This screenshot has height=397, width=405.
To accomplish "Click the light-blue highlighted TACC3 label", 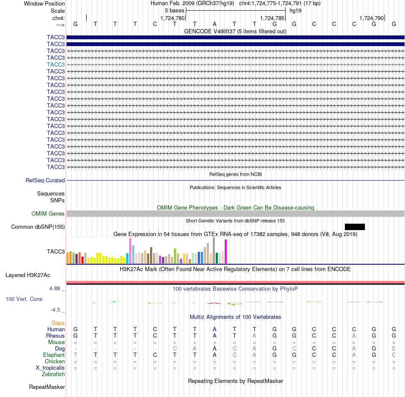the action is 56,64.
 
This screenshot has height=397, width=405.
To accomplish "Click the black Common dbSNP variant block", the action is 355,227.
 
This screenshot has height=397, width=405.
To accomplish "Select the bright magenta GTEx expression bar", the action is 226,251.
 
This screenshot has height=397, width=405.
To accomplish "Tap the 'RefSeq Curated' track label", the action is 45,180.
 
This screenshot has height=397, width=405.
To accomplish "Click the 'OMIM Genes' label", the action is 48,213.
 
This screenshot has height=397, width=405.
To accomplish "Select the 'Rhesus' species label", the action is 55,336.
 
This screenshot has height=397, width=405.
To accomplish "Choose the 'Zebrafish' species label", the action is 53,374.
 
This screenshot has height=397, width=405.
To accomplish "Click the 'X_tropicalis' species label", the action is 50,368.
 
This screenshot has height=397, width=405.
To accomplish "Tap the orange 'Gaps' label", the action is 58,323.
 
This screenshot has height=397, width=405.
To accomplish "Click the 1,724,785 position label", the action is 272,18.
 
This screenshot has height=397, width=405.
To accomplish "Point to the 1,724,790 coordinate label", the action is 372,18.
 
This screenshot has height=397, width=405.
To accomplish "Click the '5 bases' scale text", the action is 175,11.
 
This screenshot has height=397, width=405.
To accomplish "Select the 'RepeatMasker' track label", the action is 47,387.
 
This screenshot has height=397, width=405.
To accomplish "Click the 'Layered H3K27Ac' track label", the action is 28,275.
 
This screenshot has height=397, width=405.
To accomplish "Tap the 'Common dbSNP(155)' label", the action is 38,227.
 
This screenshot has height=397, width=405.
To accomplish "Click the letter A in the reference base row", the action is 214,24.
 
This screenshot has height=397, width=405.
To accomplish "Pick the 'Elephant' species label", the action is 54,355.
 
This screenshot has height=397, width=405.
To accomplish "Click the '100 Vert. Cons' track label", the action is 24,299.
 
